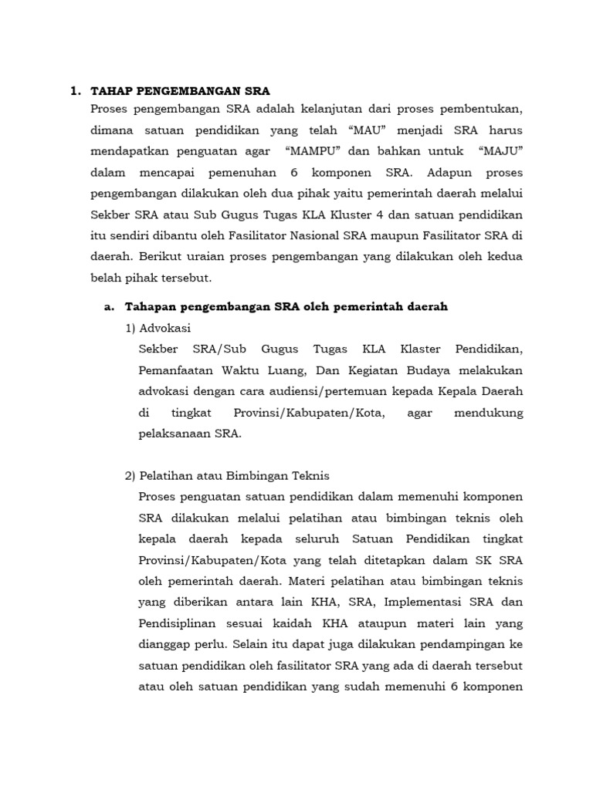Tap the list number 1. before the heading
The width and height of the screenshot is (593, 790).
pyautogui.click(x=75, y=91)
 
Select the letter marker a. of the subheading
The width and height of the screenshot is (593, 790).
pyautogui.click(x=109, y=307)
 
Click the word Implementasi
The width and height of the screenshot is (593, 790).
pyautogui.click(x=408, y=601)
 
